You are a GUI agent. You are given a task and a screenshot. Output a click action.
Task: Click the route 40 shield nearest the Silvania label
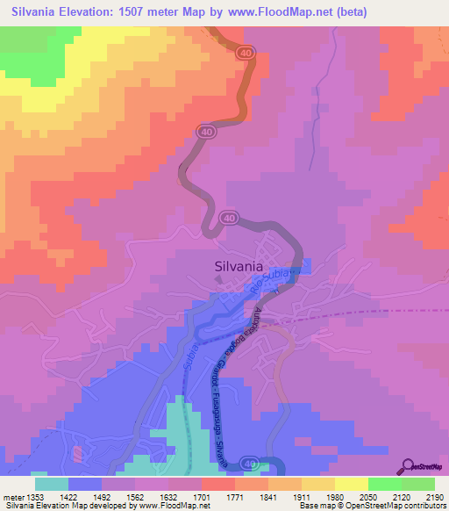(229, 218)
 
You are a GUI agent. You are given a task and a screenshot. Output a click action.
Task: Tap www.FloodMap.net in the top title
(280, 12)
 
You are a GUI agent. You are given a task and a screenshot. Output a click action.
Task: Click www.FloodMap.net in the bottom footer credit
(175, 507)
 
